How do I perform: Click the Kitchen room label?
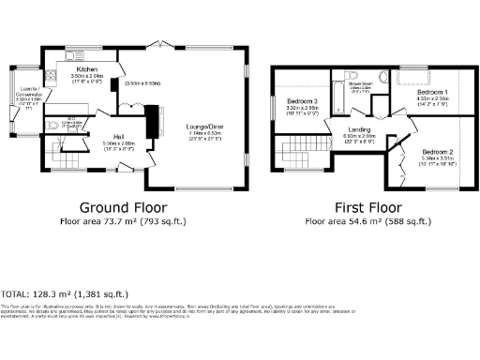(87, 69)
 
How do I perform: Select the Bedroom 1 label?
(432, 92)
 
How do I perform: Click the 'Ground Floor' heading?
(123, 206)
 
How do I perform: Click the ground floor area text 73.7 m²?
(124, 222)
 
